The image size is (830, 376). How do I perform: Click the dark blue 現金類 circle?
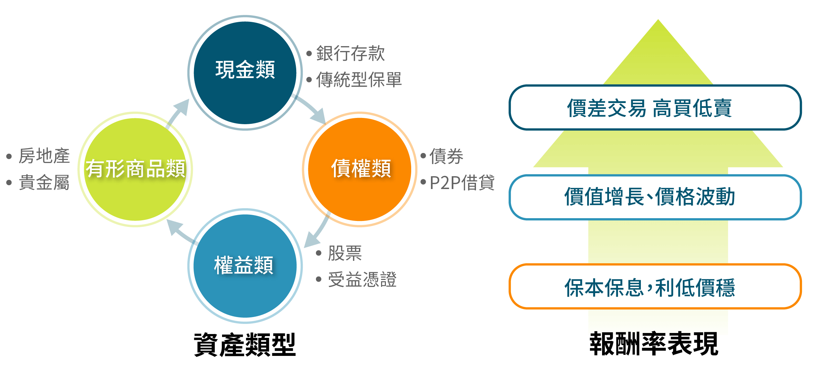pyautogui.click(x=245, y=72)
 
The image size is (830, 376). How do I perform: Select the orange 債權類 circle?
pyautogui.click(x=360, y=169)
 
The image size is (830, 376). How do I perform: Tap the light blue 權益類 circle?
pyautogui.click(x=245, y=266)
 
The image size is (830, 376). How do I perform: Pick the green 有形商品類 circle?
pyautogui.click(x=135, y=169)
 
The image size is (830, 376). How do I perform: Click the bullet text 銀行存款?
pyautogui.click(x=350, y=53)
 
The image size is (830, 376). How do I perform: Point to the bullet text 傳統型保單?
pyautogui.click(x=359, y=80)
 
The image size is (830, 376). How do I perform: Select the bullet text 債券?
pyautogui.click(x=446, y=156)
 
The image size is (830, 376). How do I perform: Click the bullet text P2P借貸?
pyautogui.click(x=462, y=182)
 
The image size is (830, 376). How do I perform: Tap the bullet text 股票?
pyautogui.click(x=345, y=253)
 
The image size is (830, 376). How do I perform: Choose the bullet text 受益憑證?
pyautogui.click(x=362, y=280)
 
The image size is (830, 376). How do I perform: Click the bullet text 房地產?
pyautogui.click(x=44, y=156)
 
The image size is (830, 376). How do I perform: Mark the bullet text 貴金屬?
pyautogui.click(x=44, y=182)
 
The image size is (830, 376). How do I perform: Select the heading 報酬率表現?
pyautogui.click(x=654, y=344)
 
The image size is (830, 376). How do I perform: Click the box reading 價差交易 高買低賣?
pyautogui.click(x=655, y=108)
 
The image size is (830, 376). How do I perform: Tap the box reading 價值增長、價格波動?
pyautogui.click(x=655, y=197)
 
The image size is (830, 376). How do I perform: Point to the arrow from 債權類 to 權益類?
pyautogui.click(x=317, y=231)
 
